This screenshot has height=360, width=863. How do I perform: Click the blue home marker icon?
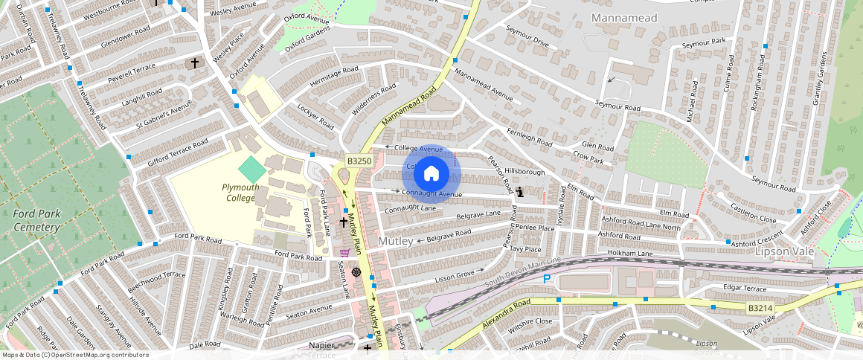coord(431,174)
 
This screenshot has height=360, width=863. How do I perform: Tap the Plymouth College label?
coord(240,193)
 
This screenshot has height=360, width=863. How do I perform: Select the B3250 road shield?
coord(359,161)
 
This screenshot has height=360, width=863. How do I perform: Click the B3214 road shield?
coord(760,307)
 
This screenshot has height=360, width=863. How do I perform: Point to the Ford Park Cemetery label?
coord(36,221)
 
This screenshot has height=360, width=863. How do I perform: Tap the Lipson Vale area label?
coord(784,251)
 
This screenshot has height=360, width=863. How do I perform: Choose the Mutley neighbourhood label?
coord(396,242)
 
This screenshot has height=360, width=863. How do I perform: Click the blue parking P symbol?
coord(547,279)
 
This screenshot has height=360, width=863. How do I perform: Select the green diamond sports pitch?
coord(252,169)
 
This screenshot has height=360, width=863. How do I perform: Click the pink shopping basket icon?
coord(344,253)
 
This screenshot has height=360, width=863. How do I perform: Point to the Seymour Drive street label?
coord(527,37)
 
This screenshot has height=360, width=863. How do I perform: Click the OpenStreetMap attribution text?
coord(74,355)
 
